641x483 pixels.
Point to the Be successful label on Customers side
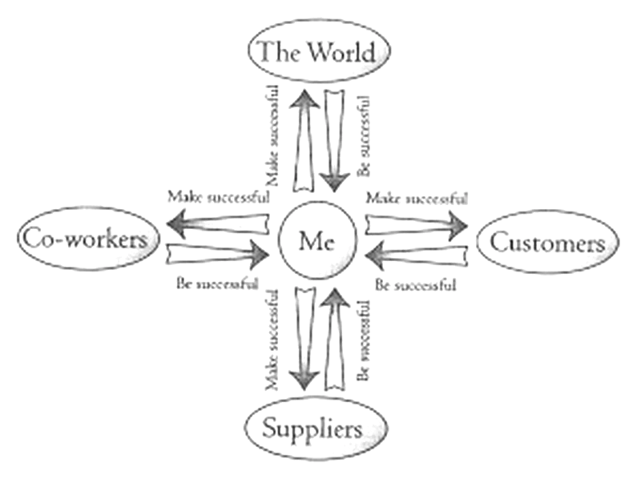[416, 284]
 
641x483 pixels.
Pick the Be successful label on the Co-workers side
[216, 283]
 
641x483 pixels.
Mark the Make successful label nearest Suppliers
[272, 340]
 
